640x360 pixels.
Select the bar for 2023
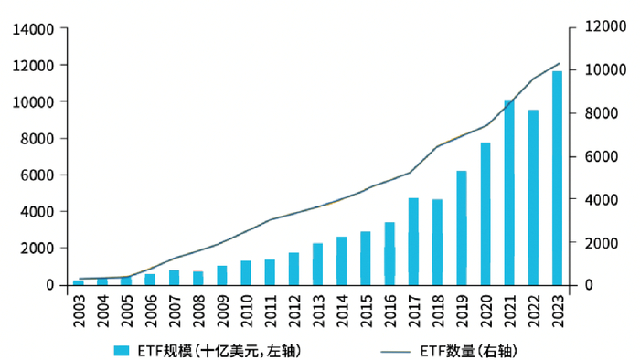(x=557, y=178)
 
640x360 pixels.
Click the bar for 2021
(x=509, y=193)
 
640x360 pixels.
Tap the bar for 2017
(x=413, y=241)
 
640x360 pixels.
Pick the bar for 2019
(x=462, y=228)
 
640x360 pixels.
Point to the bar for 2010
(x=246, y=272)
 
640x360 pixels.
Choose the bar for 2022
(x=533, y=197)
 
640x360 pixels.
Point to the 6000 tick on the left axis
(x=37, y=175)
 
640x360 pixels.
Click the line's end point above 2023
(x=559, y=64)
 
